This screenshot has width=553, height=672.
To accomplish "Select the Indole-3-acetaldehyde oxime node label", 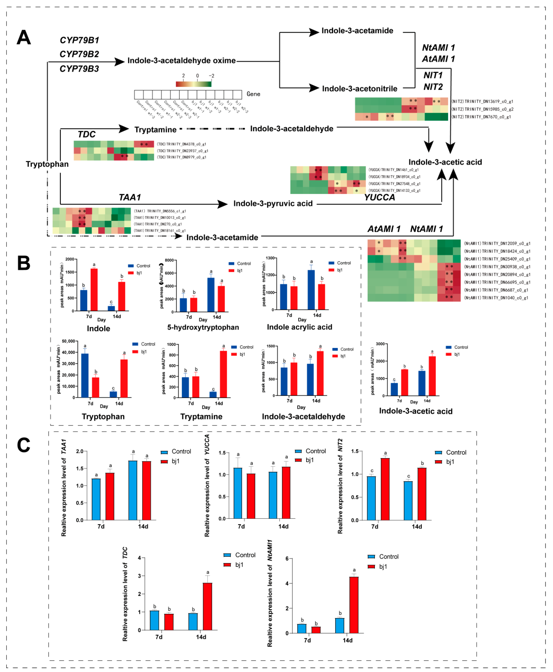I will click(182, 61).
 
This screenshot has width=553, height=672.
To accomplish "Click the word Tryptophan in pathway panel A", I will click(47, 164).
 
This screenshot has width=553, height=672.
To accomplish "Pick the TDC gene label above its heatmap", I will click(87, 134).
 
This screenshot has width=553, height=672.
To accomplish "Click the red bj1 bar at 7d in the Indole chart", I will click(94, 289).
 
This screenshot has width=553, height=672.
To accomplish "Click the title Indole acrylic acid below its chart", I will click(299, 327).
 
